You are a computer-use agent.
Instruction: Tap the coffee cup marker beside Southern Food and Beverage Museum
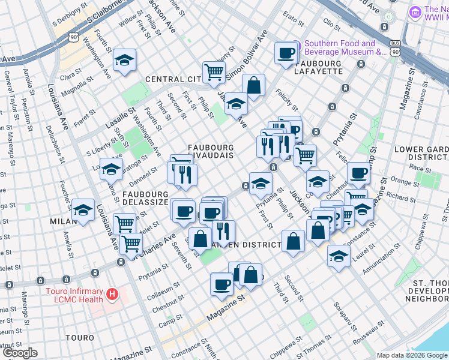point(286,53)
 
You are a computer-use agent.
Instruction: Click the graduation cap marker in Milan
point(83,211)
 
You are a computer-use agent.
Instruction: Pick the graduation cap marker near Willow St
point(125,60)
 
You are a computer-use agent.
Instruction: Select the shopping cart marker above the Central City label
point(214,73)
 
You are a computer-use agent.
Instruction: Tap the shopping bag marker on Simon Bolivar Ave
point(253,85)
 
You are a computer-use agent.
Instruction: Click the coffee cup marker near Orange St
point(358,173)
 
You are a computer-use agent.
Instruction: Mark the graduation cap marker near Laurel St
point(339,256)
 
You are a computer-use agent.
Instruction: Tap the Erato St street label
point(294,20)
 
